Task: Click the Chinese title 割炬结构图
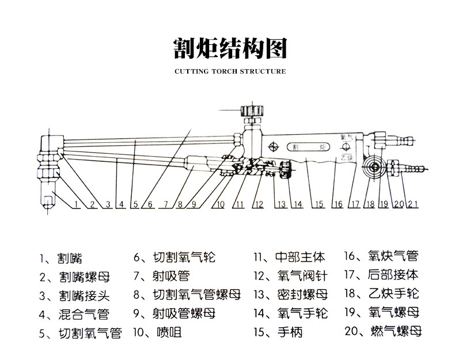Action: (230, 48)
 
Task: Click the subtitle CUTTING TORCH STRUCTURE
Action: (230, 72)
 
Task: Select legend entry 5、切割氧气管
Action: (80, 333)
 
